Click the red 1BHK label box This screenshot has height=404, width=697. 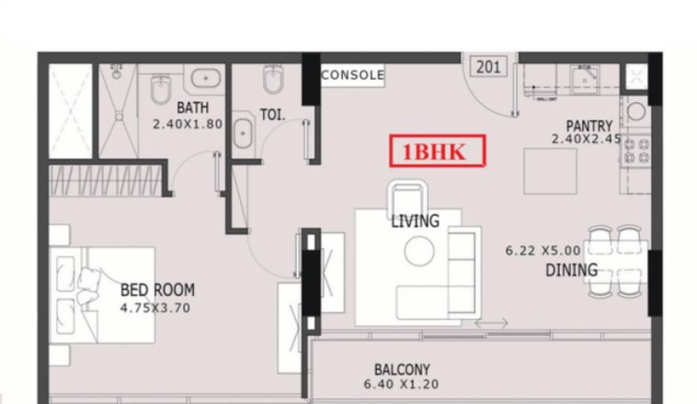(436, 151)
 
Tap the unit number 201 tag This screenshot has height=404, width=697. (488, 67)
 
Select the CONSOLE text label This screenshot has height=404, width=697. (352, 75)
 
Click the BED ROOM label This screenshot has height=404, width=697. (158, 290)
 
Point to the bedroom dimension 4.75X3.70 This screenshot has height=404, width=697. (155, 308)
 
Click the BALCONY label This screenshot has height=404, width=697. (402, 369)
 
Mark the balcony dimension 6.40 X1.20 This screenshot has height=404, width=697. (402, 384)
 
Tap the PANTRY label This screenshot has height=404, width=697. (588, 125)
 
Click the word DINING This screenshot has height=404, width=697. (570, 270)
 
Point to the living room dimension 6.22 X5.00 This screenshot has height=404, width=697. (543, 250)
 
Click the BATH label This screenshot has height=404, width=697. (192, 108)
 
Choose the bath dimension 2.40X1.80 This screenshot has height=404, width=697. (188, 124)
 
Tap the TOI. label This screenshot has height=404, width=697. (272, 115)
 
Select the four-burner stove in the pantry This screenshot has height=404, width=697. (635, 150)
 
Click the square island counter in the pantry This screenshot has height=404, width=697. (550, 170)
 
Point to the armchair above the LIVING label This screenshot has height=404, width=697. (408, 198)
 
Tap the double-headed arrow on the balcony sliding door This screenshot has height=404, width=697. (491, 324)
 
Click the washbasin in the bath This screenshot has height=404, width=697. (208, 79)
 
